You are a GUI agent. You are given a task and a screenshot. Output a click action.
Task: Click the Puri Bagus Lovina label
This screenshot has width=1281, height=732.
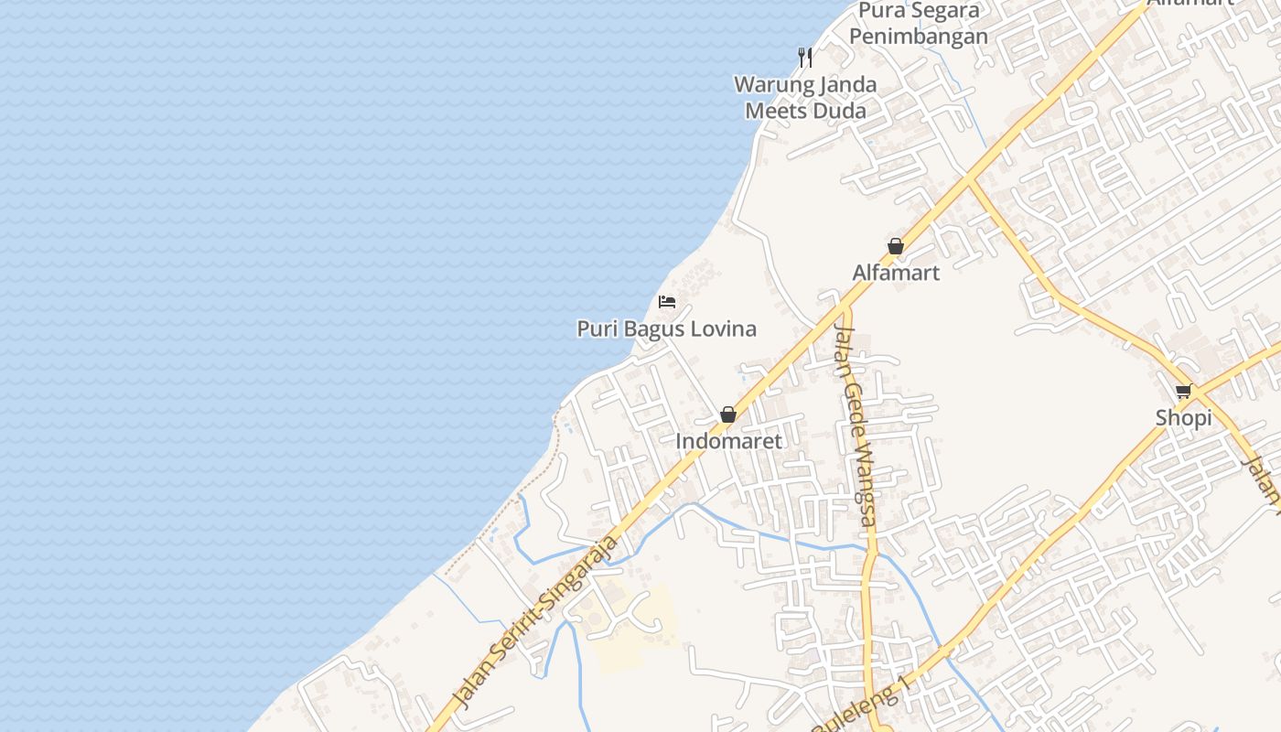tap(666, 328)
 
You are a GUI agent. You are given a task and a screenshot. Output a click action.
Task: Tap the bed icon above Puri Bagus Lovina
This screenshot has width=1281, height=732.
tap(667, 302)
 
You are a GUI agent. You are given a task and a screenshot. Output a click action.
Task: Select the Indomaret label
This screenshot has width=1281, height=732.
tap(728, 441)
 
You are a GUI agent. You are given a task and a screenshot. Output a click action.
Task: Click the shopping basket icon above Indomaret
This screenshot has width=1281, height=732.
tap(728, 414)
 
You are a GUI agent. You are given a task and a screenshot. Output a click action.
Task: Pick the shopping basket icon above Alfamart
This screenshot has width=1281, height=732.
tap(896, 246)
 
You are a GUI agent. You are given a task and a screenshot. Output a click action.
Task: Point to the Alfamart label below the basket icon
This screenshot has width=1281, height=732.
tap(896, 273)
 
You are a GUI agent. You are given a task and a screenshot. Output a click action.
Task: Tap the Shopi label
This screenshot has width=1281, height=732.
tap(1183, 418)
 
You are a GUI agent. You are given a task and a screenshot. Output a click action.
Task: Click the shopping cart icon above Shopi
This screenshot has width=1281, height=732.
tap(1183, 392)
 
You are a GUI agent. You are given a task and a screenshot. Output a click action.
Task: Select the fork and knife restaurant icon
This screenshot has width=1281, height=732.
tap(805, 58)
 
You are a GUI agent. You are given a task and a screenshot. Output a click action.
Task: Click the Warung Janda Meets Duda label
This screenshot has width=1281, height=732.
tap(805, 97)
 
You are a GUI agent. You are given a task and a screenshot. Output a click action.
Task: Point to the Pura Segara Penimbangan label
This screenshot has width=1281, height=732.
tap(919, 24)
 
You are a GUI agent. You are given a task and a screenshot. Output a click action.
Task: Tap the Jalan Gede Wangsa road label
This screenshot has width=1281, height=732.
tap(856, 426)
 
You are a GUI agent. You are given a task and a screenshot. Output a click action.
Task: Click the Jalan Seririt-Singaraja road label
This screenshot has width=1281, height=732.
tap(536, 622)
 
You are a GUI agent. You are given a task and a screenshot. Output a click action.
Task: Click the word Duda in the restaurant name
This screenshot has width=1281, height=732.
tap(839, 111)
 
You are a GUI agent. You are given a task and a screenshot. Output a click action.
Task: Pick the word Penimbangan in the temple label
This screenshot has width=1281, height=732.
tap(919, 37)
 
